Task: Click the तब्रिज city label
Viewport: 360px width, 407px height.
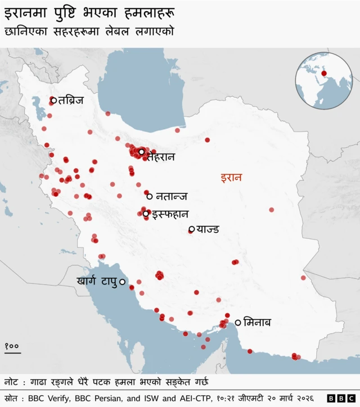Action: point(71,101)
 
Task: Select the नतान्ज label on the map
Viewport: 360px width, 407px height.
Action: point(172,196)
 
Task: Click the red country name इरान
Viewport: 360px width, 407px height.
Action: point(231,178)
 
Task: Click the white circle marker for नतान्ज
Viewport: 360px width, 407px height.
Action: point(150,196)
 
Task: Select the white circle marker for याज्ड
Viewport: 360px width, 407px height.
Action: point(192,229)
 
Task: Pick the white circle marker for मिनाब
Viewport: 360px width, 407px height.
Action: point(238,322)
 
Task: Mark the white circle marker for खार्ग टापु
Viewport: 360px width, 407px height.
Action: point(122,282)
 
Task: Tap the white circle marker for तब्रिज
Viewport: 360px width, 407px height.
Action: point(53,101)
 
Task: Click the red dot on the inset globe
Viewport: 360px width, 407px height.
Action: point(324,73)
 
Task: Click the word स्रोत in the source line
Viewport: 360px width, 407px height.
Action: point(11,398)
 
